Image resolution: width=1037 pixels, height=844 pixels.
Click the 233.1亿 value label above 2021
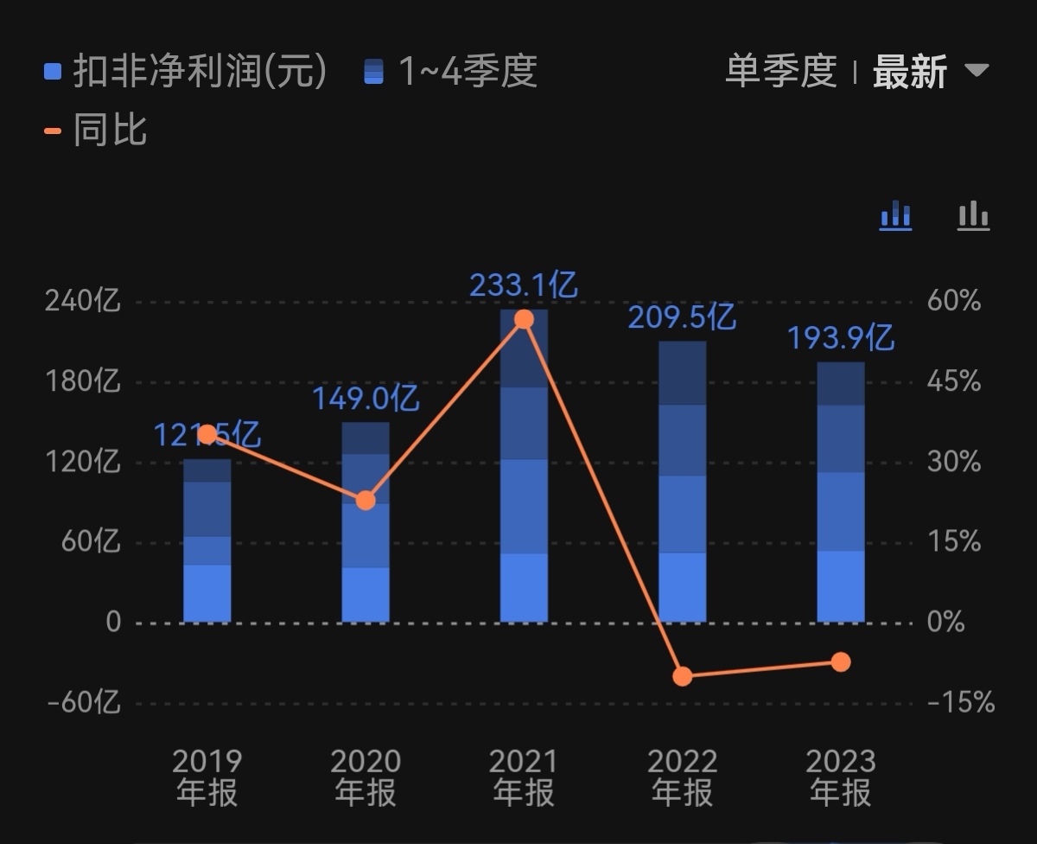523,285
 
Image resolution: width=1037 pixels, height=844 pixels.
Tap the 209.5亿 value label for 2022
681,316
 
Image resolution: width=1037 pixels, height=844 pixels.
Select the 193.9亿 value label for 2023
840,337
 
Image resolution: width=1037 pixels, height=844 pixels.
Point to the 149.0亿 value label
365,399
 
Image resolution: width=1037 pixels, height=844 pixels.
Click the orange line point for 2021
524,319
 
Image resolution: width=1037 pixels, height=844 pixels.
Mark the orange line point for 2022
683,676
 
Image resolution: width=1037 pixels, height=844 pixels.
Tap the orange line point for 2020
366,500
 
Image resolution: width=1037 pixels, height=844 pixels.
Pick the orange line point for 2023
841,662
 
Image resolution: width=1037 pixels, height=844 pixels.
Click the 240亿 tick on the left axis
83,302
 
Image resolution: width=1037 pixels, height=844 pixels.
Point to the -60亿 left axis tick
83,702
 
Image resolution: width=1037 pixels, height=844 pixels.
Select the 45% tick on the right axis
954,381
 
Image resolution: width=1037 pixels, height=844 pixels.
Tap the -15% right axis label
960,702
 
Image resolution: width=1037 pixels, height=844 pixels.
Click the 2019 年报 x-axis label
207,777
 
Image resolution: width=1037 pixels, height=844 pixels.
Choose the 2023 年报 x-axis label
841,777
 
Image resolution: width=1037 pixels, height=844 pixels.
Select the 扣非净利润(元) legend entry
186,71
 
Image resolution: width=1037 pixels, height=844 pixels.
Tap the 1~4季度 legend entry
451,71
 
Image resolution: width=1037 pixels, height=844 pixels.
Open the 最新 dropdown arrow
977,70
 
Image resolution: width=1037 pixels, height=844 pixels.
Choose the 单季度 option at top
780,71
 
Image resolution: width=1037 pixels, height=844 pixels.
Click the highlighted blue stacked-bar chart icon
895,214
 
